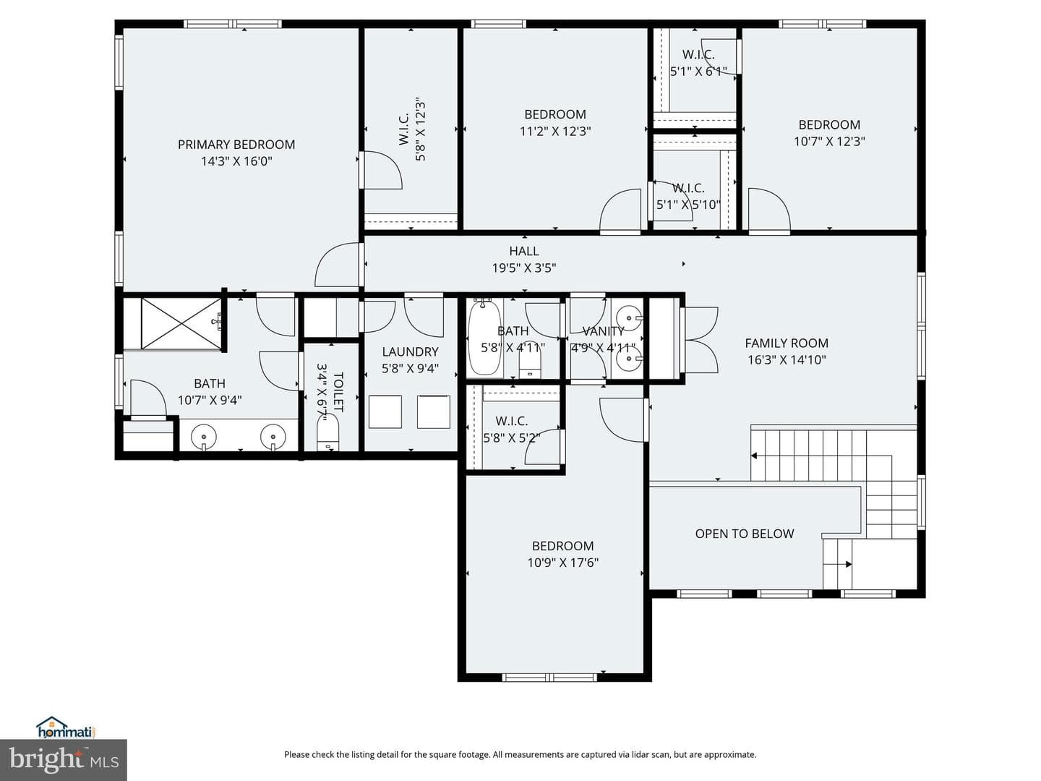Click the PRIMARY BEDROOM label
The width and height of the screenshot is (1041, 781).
coord(236,144)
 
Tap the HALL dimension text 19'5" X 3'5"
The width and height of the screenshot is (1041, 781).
coord(523,268)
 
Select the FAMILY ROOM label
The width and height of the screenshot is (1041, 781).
coord(787,343)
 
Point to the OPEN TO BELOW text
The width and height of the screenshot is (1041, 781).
coord(744,534)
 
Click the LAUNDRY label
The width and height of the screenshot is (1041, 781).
coord(410,351)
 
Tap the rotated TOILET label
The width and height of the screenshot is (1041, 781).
coord(338,392)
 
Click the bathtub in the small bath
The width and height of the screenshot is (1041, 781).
coord(484,337)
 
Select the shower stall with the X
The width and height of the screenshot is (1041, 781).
coord(181,323)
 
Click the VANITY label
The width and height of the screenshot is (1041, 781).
coord(603,330)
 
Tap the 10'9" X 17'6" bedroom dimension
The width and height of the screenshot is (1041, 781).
coord(563,563)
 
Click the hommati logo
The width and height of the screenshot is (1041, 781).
coord(66,727)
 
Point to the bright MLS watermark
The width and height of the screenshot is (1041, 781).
coord(63,759)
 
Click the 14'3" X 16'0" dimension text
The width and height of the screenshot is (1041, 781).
coord(236,161)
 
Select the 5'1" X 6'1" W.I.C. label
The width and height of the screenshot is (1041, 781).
coord(698,71)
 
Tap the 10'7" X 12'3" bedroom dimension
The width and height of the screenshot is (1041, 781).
coord(829,141)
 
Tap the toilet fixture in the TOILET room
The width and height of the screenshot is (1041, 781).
coord(327,432)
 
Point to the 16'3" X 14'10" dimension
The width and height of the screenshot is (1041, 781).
coord(787,360)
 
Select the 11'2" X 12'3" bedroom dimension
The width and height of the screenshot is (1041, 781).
coord(555,131)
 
